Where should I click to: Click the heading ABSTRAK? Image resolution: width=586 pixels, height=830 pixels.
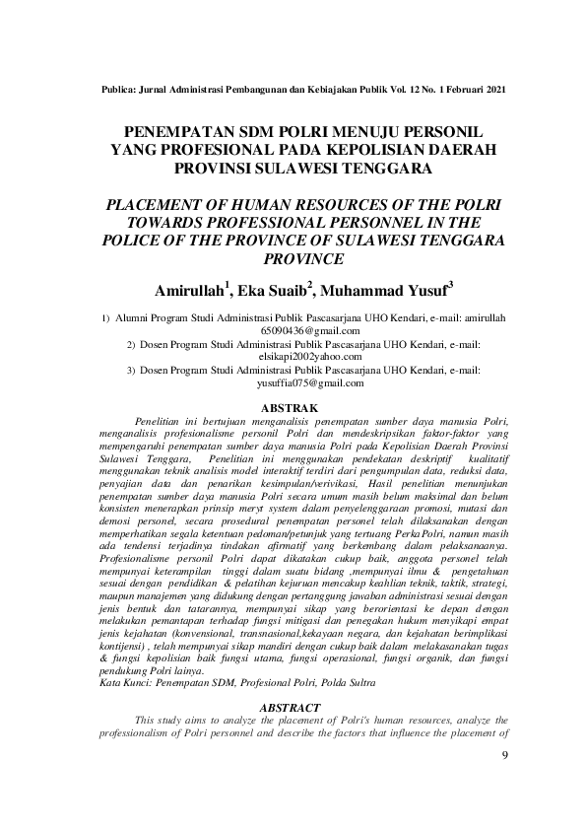click(x=293, y=406)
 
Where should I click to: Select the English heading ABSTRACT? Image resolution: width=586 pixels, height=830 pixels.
click(x=293, y=708)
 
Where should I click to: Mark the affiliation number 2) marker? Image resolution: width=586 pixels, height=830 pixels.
click(x=131, y=345)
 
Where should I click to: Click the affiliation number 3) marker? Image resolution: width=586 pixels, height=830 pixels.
click(x=131, y=371)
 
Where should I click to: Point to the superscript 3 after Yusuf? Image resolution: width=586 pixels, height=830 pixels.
click(x=450, y=284)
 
